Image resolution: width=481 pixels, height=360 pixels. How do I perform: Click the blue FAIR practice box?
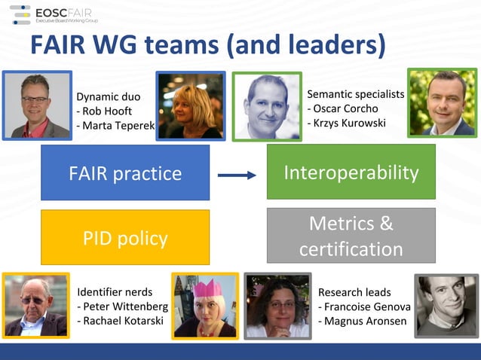tap(125, 173)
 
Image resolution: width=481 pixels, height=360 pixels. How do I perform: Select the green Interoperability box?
tap(351, 172)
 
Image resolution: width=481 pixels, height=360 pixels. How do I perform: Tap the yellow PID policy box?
tap(125, 238)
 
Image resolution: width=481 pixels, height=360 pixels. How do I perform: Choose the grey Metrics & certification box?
tap(351, 236)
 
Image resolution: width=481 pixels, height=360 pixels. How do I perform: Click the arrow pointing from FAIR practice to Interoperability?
tap(237, 175)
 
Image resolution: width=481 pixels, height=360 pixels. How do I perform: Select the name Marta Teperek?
tap(115, 125)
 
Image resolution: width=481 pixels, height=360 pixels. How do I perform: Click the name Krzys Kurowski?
tap(349, 122)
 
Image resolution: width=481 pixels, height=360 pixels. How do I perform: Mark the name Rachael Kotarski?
tap(123, 321)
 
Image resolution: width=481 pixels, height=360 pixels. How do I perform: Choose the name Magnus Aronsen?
tap(364, 321)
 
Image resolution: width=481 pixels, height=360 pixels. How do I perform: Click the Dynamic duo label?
tap(109, 96)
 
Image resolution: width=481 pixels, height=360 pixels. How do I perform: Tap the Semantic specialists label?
tap(355, 94)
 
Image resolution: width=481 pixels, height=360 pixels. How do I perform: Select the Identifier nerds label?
tap(115, 292)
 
